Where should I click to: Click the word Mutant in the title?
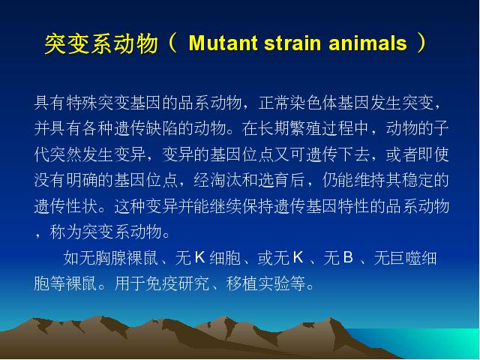[223, 43]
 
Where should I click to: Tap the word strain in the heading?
[292, 43]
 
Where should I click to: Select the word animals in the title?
[367, 43]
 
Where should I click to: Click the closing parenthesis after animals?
[421, 43]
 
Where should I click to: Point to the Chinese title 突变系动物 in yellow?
[101, 43]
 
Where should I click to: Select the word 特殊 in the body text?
[82, 103]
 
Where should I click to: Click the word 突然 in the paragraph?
[66, 154]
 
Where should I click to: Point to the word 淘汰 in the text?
[226, 180]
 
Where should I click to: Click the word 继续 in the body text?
[226, 205]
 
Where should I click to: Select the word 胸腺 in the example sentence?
[111, 258]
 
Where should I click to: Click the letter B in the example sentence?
[348, 257]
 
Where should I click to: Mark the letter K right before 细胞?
[199, 257]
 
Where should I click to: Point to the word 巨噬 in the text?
[405, 258]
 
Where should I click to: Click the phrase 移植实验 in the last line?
[258, 283]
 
